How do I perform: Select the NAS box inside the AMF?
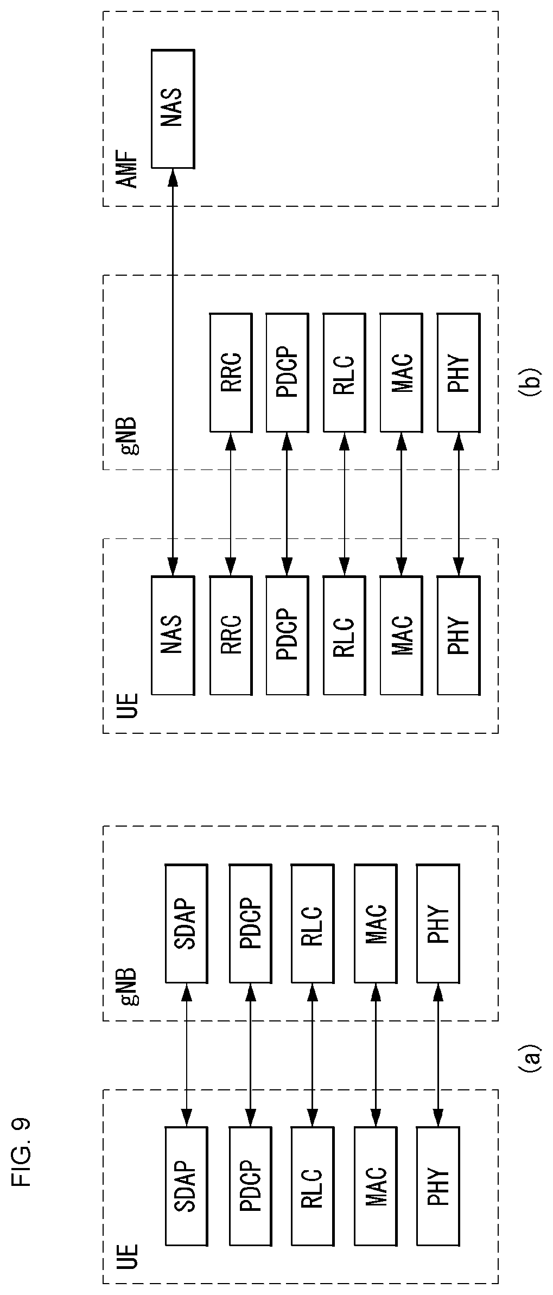[173, 109]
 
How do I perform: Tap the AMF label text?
[128, 173]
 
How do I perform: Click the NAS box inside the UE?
[173, 635]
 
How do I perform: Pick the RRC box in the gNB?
[231, 372]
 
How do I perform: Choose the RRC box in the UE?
[231, 635]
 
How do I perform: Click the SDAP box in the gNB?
[186, 923]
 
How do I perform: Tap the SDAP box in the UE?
[186, 1186]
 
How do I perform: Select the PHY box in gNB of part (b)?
[458, 372]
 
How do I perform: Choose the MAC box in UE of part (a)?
[375, 1186]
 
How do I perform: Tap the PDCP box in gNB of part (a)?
[250, 923]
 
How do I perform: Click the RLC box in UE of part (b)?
[344, 635]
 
